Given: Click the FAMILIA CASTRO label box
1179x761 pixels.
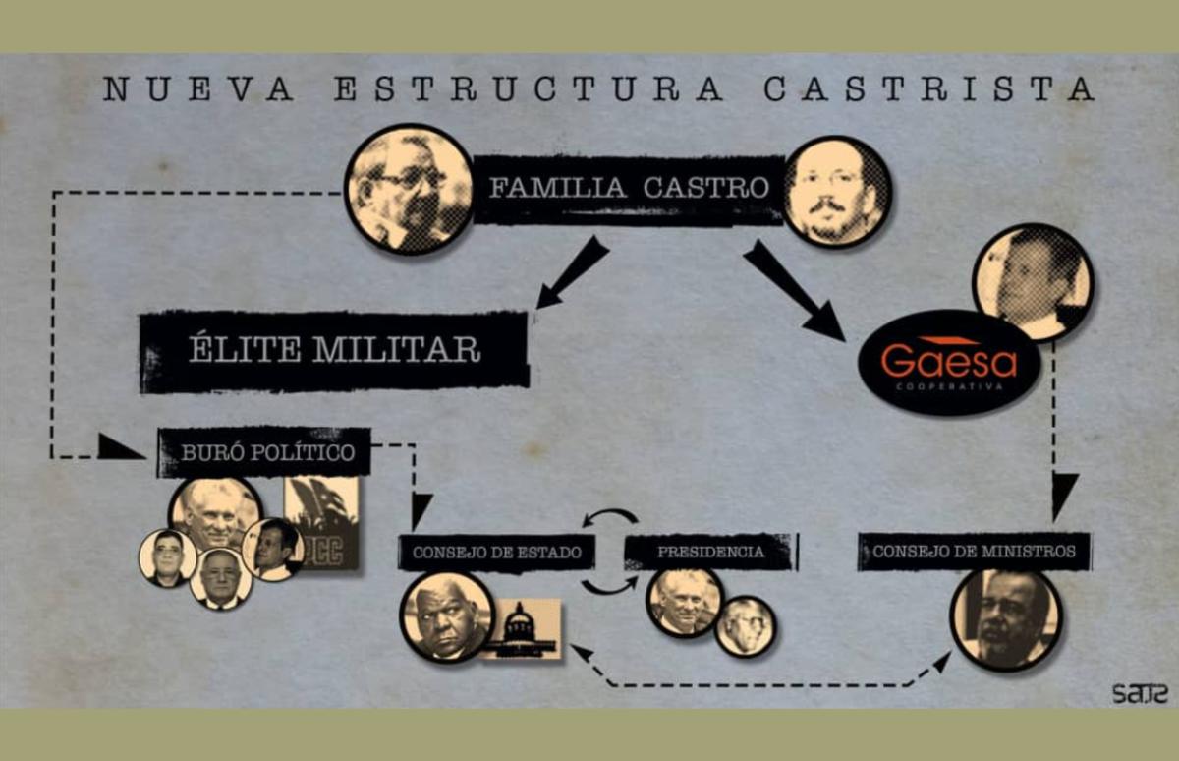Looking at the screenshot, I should pos(629,189).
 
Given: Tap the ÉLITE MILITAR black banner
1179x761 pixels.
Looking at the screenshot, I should pos(334,350).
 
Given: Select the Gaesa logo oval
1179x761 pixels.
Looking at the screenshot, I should pos(948,363).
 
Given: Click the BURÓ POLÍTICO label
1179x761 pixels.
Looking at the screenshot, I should pos(264,452).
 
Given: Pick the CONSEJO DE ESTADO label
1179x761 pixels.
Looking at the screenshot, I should pos(497,552).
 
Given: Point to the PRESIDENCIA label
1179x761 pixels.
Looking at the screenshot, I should pos(709,552).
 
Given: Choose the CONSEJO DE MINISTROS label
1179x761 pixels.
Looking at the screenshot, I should pos(974,551).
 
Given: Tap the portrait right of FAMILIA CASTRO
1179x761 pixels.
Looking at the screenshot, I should pos(837,191).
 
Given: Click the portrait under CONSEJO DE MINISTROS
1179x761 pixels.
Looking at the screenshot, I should pos(1005,618).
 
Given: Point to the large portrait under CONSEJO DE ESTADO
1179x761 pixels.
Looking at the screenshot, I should pos(446,616).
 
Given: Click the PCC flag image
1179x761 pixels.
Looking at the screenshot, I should pos(321,524).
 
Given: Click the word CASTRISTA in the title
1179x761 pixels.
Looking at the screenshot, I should pos(928,88).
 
